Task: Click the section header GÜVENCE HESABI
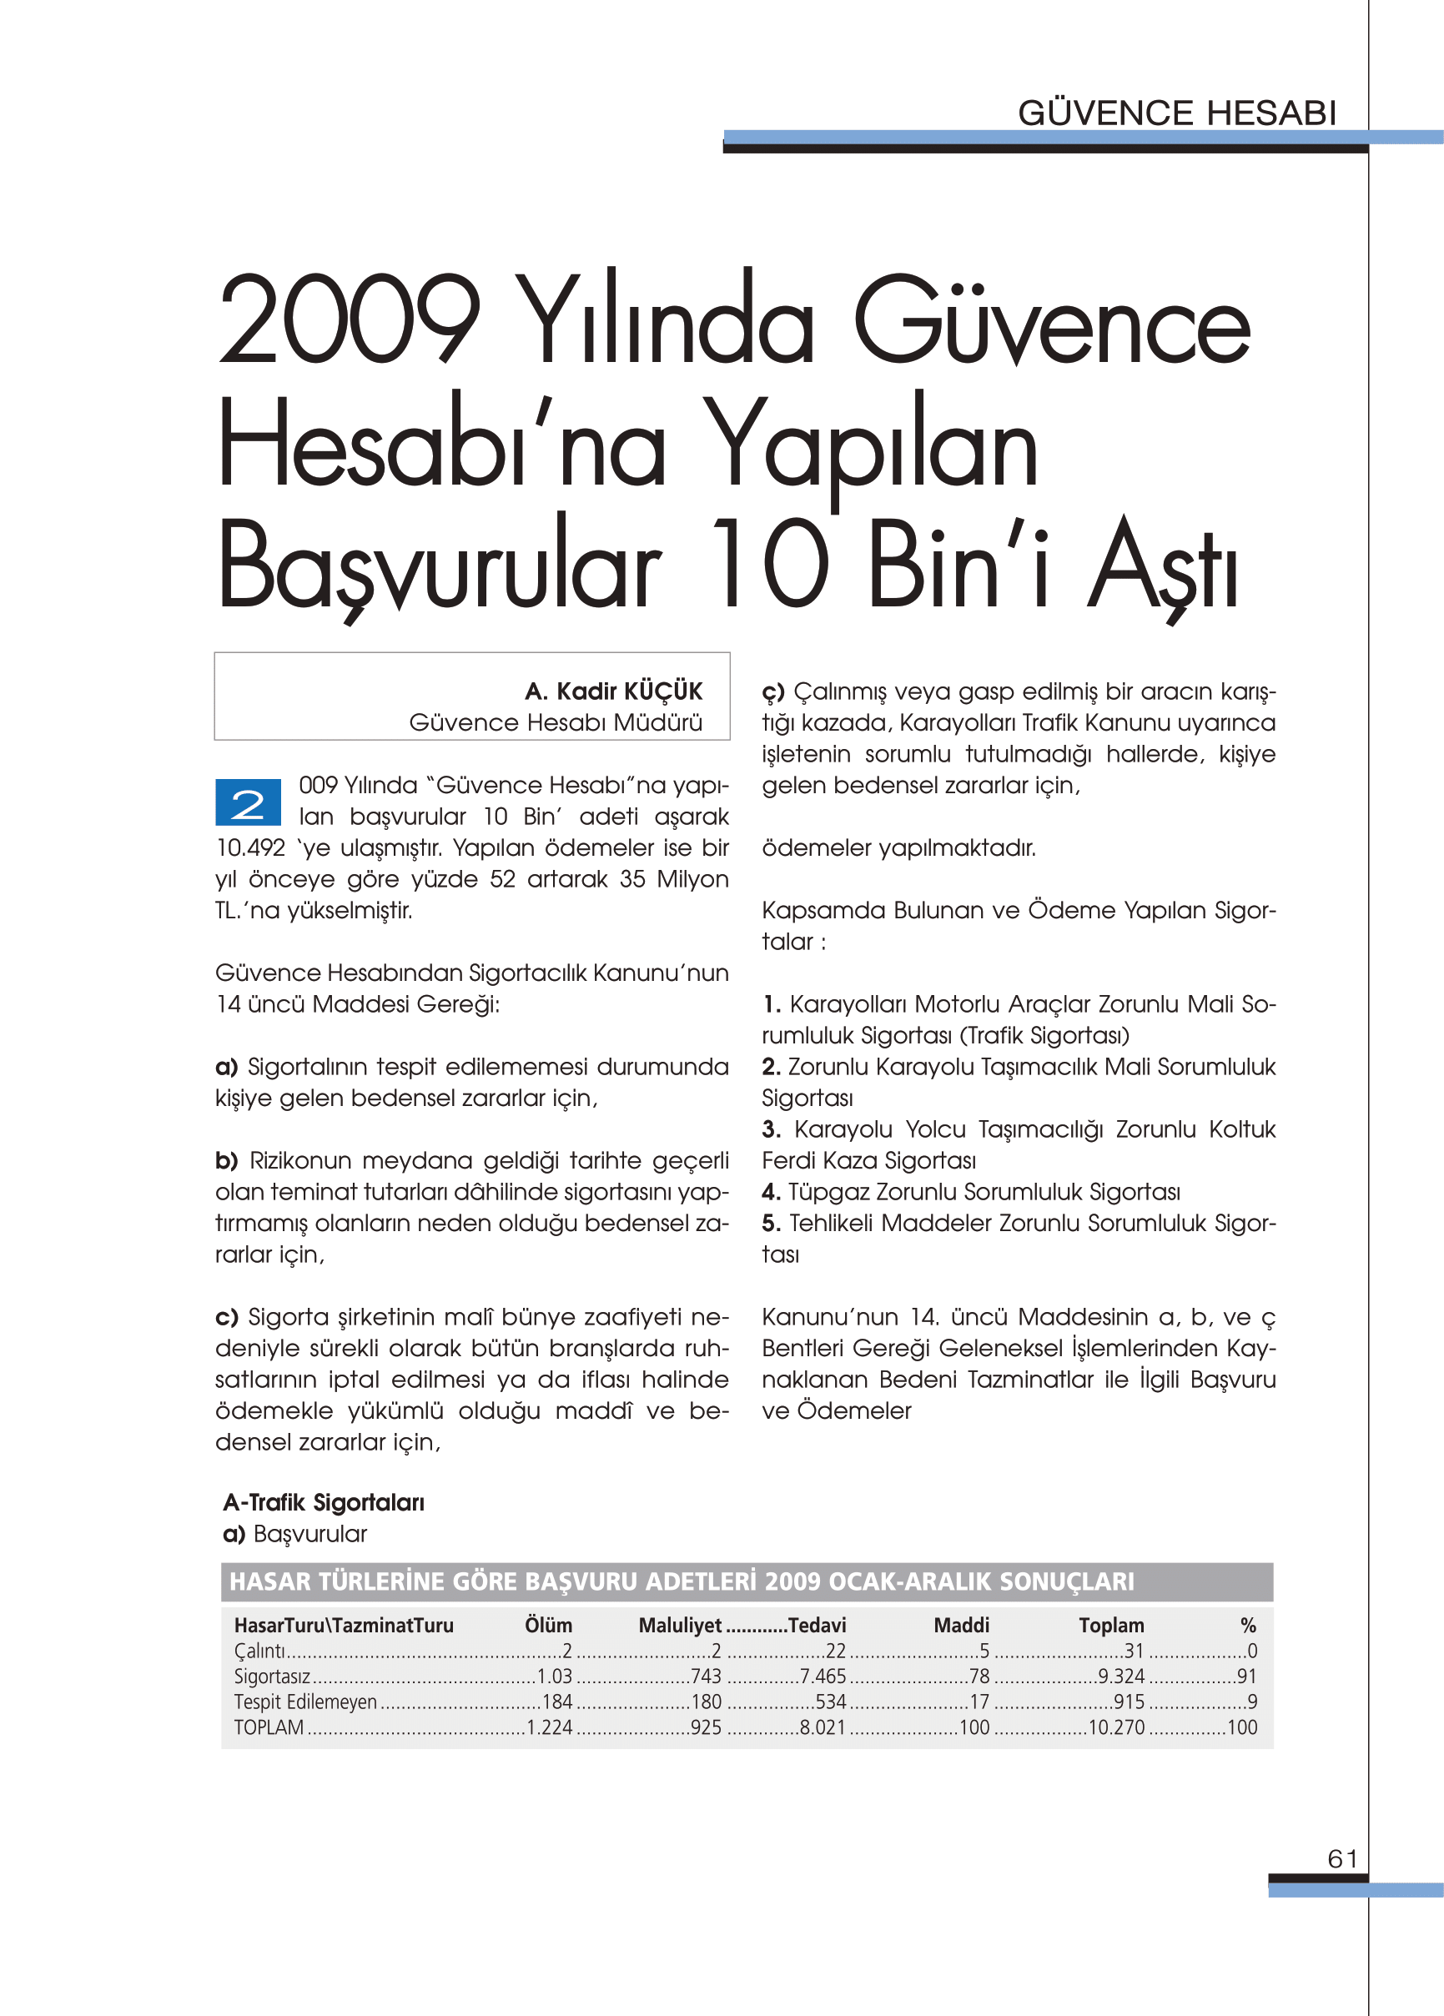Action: [1176, 113]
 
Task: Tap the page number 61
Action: [1342, 1858]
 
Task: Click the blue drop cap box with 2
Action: [248, 802]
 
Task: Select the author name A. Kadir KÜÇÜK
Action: [612, 691]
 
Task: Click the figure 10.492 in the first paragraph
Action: [251, 848]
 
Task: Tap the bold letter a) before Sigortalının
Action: [227, 1067]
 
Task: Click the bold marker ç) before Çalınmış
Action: [772, 691]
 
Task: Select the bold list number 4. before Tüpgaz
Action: [771, 1192]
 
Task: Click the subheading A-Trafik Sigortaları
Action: [324, 1503]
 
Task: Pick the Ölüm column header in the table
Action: [548, 1626]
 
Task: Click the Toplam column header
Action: [1111, 1626]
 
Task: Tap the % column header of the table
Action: [1247, 1626]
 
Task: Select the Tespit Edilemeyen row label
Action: [305, 1702]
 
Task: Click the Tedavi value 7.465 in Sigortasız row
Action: [823, 1677]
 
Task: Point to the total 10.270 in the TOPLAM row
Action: [1117, 1728]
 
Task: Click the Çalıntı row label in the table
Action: [259, 1652]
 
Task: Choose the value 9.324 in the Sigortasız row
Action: [1121, 1677]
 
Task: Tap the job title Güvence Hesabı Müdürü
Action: [556, 722]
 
